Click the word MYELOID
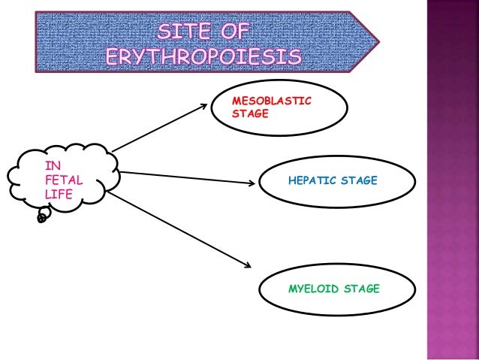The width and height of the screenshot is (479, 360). pos(313,287)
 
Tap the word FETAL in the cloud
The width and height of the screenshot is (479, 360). pos(64,181)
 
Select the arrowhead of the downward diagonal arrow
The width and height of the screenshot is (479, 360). pos(246,263)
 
